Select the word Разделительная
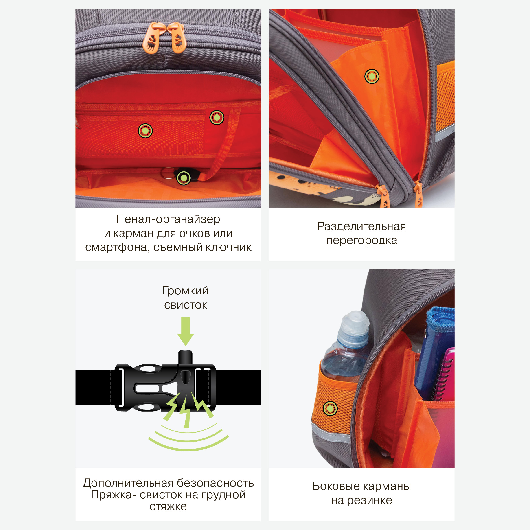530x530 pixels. pyautogui.click(x=361, y=226)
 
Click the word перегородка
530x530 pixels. pyautogui.click(x=361, y=241)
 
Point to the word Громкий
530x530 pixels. pyautogui.click(x=185, y=291)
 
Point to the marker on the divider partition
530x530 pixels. pyautogui.click(x=372, y=76)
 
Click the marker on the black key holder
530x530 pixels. pyautogui.click(x=184, y=178)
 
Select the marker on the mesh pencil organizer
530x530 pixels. pyautogui.click(x=145, y=131)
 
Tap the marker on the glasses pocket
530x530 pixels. pyautogui.click(x=217, y=118)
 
